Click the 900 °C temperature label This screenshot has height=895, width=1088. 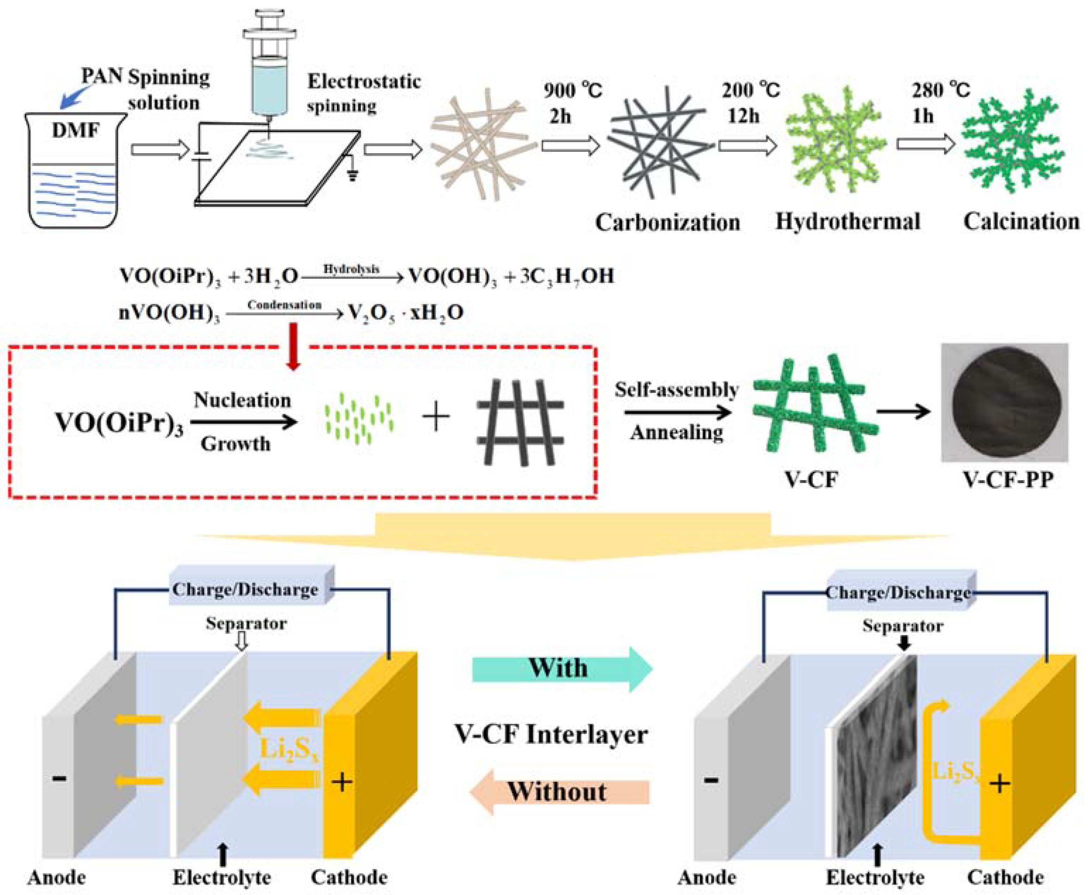573,91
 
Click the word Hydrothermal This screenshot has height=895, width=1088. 848,222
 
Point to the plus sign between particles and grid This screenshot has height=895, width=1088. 436,417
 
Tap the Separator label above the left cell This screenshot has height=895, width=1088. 246,623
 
